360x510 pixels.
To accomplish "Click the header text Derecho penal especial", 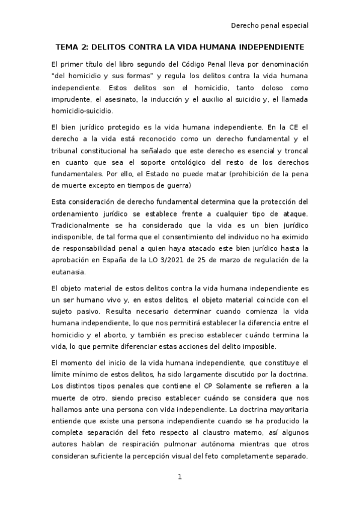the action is click(270, 26).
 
